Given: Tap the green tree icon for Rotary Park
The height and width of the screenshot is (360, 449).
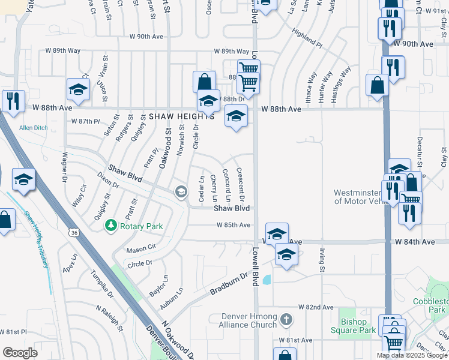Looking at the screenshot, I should point(110,226).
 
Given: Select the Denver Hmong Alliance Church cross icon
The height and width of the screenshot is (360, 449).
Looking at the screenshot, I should point(286,320).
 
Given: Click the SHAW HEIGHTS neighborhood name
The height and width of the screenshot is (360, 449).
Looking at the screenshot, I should point(181,116).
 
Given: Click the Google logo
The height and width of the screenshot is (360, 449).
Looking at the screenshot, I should point(20,352).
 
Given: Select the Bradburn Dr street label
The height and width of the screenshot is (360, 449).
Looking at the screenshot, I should point(229,284).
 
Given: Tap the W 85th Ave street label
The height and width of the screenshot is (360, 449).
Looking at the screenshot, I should point(233,226).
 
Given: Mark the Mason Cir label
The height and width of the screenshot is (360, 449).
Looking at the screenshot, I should point(141,248).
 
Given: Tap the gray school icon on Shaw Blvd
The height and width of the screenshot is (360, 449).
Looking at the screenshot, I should point(180,192).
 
